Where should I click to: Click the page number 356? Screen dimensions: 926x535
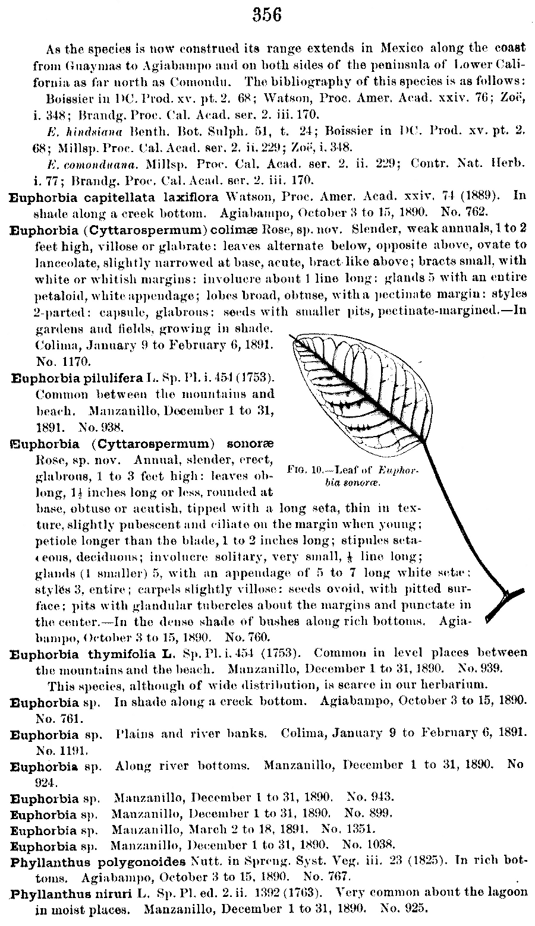(x=267, y=15)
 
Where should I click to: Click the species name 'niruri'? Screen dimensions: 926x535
(x=115, y=892)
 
